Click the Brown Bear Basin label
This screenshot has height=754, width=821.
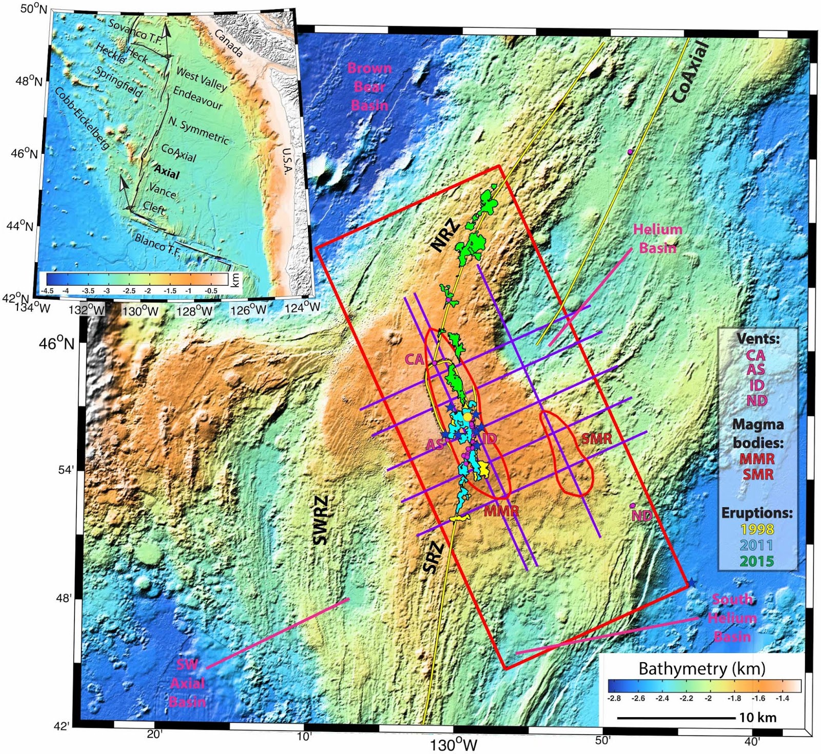tap(369, 87)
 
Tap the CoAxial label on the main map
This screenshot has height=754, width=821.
tap(690, 72)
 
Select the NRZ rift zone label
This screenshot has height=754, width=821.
tap(445, 235)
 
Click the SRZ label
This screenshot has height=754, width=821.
tap(433, 558)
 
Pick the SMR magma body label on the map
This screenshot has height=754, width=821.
tap(597, 439)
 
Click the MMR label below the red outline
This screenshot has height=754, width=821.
tap(501, 511)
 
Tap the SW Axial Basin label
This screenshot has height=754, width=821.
tap(188, 683)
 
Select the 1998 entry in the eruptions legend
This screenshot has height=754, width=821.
tap(757, 529)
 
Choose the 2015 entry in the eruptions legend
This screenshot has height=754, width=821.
tap(757, 561)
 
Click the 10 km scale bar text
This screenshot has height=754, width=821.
tap(757, 718)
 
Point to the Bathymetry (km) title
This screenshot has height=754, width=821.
tap(701, 668)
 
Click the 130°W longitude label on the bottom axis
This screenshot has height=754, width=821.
tap(454, 744)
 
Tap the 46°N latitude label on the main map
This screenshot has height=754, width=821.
tap(56, 343)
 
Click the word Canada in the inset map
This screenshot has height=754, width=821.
tap(228, 43)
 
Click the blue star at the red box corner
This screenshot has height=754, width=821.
tap(692, 582)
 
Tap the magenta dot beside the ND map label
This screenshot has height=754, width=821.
tap(632, 506)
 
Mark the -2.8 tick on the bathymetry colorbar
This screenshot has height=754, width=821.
tap(614, 698)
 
